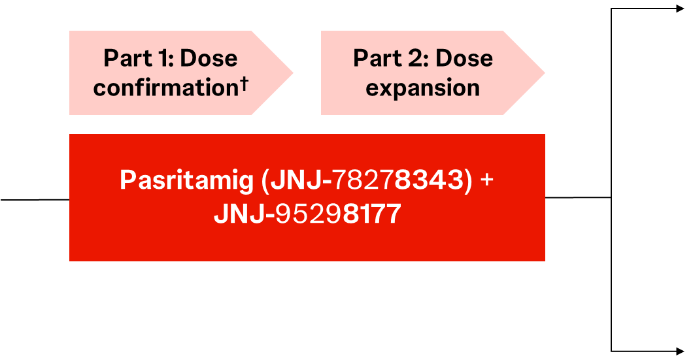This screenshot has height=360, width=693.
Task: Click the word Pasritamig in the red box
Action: point(186,181)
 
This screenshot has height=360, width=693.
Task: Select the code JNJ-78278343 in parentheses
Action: point(367,180)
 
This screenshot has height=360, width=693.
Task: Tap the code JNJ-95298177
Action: point(308,214)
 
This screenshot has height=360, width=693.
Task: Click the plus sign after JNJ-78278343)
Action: point(486,180)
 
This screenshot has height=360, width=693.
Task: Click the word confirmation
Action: point(166,88)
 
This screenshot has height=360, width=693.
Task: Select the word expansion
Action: point(422,88)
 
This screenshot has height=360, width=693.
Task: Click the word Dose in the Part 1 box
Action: point(209,58)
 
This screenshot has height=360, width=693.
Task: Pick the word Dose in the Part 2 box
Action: point(464,58)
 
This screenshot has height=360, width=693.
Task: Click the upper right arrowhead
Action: point(680,9)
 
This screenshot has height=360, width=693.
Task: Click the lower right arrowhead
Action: point(680,351)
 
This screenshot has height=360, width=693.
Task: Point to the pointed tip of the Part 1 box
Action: point(293,73)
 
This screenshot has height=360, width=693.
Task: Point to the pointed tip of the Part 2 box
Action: point(545,73)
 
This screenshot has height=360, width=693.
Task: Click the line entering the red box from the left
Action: point(35,200)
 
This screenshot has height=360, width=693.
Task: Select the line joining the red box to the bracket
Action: point(578,197)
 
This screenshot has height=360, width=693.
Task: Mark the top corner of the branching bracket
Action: point(611,9)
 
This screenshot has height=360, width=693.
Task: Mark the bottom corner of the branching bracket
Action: point(611,351)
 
